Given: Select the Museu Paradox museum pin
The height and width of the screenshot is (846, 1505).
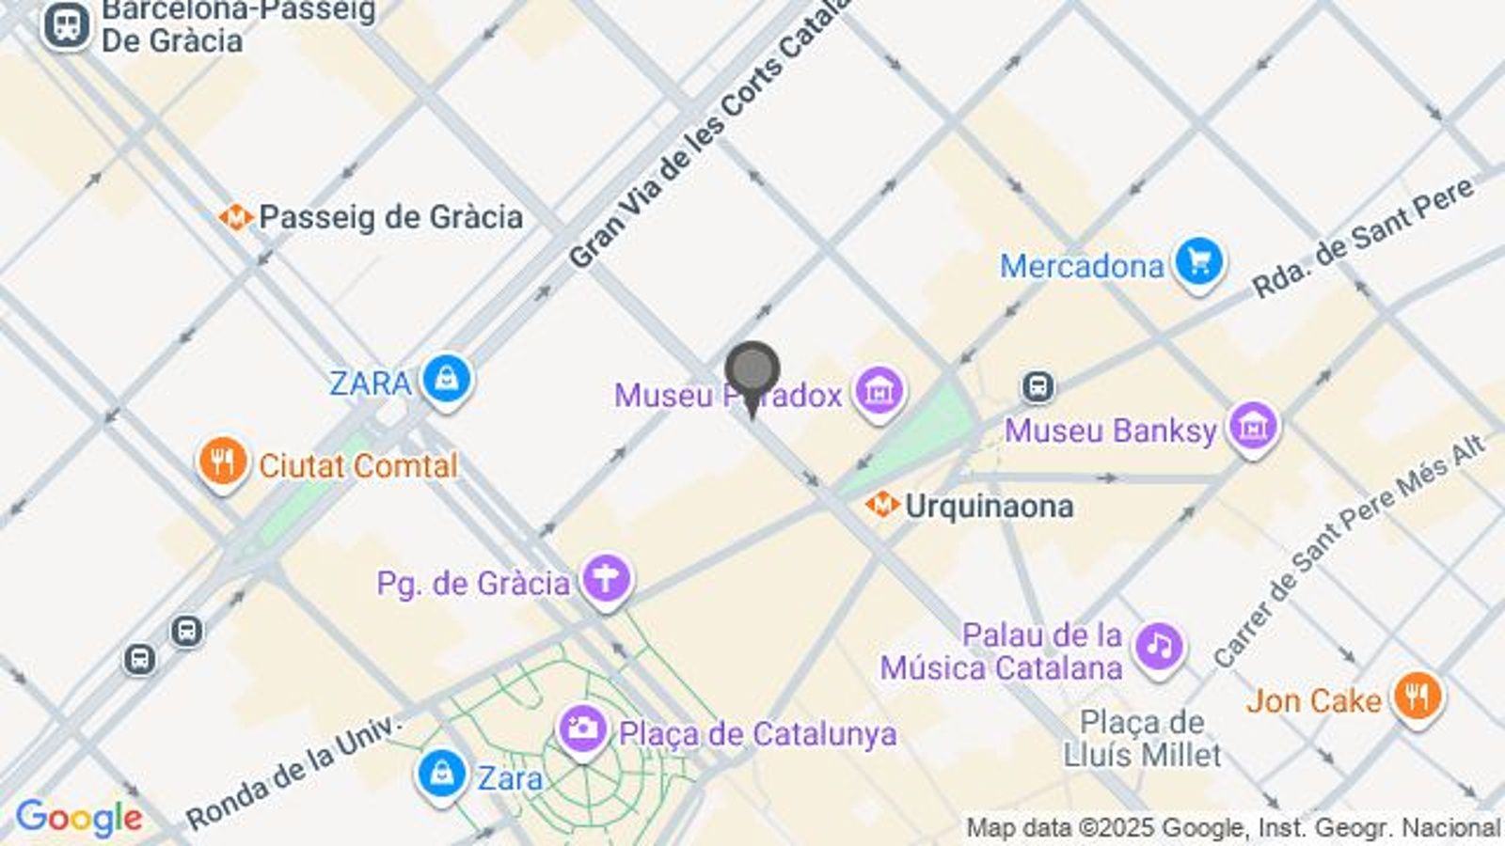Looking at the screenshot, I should pos(879,390).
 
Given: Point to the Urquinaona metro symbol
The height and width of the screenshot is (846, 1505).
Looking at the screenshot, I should pos(881,506).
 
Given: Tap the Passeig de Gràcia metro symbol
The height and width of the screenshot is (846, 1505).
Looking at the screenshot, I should pos(235,218).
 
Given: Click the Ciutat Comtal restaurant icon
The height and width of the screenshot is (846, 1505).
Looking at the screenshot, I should pos(223,462).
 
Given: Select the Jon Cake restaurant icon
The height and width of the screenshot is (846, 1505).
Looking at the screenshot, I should pos(1418,697).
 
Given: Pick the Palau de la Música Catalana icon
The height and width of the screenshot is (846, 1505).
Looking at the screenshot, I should pos(1159,647).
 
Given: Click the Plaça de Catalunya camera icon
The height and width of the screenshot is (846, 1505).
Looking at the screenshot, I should pos(583,729).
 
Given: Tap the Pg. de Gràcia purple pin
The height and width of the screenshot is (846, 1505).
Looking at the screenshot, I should pos(606,579).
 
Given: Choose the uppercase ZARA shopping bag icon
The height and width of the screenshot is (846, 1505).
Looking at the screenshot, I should pos(447,380).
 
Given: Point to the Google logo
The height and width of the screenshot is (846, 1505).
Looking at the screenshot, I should pos(79,818).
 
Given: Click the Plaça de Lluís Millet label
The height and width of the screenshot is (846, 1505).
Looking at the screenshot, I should pos(1142,738).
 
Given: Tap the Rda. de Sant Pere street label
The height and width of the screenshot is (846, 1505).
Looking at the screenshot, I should pos(1362,240).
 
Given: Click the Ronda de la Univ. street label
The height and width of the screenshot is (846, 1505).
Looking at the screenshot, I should pos(293,774).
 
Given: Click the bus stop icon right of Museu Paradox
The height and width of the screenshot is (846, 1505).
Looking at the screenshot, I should pos(1038,385).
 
